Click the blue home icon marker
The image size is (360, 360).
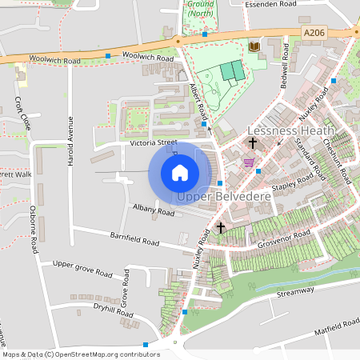[x=180, y=172]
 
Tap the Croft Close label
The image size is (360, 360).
[x=23, y=114]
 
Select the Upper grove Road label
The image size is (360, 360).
[x=82, y=267]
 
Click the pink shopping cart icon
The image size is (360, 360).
[x=249, y=162]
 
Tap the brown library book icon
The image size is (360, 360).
[x=254, y=47]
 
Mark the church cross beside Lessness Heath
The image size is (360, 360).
[x=252, y=143]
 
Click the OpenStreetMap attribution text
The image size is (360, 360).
[x=80, y=354]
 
